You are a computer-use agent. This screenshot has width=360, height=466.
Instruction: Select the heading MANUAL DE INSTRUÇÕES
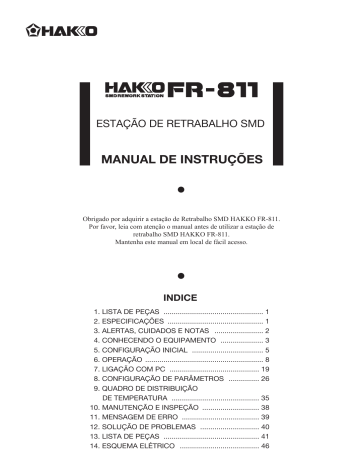point(180,159)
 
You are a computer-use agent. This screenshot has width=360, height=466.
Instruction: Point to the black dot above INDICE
point(180,274)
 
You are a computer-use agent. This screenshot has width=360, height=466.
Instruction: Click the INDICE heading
point(180,298)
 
